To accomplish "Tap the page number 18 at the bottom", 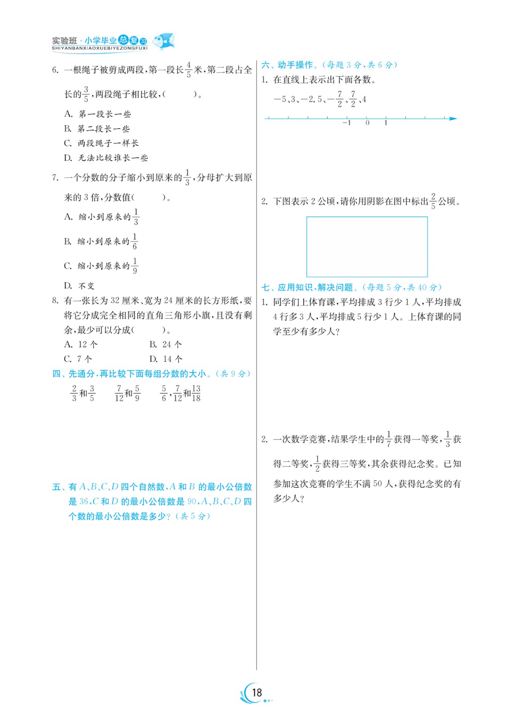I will [257, 692].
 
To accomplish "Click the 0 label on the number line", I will [367, 123].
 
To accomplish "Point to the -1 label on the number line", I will [346, 123].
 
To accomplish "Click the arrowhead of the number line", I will [453, 119].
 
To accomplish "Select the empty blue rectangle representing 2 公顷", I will [366, 246].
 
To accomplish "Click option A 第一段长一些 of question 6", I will [98, 114].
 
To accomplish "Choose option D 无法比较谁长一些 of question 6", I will [106, 158].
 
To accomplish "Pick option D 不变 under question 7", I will [79, 286].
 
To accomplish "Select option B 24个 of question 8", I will [166, 344].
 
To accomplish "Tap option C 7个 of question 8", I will [78, 359].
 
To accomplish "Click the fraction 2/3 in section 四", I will [74, 393].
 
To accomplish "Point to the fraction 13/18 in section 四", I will [196, 393].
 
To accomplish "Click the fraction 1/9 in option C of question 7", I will [135, 266].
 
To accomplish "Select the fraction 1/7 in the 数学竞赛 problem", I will [389, 439].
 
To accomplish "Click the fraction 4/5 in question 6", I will [189, 70].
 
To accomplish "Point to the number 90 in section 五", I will [192, 501].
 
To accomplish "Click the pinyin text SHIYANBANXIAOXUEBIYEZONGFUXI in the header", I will [99, 48].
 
